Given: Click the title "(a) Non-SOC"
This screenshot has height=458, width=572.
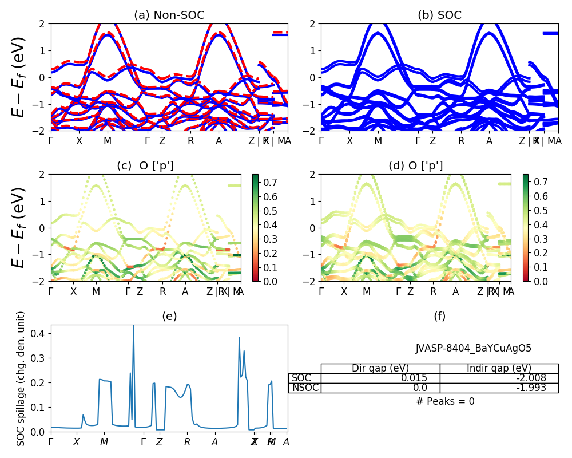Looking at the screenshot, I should pyautogui.click(x=169, y=15).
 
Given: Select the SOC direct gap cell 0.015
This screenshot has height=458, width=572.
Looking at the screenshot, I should pyautogui.click(x=380, y=378).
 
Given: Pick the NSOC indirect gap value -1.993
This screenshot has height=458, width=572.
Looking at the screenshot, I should pyautogui.click(x=498, y=388).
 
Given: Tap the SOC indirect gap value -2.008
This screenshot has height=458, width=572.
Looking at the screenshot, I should pyautogui.click(x=498, y=378).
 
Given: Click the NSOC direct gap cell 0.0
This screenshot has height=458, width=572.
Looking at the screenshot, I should pyautogui.click(x=380, y=388).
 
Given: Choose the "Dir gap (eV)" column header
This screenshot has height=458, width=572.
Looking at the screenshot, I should pyautogui.click(x=380, y=368).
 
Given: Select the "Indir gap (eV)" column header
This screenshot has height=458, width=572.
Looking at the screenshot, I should pyautogui.click(x=499, y=368).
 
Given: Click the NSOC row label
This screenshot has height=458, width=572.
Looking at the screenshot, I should pyautogui.click(x=305, y=388).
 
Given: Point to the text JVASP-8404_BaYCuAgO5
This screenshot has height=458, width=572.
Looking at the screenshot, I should pyautogui.click(x=473, y=348).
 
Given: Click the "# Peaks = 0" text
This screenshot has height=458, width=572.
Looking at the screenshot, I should pyautogui.click(x=445, y=401).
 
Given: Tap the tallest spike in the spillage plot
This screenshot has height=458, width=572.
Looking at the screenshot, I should pyautogui.click(x=133, y=326).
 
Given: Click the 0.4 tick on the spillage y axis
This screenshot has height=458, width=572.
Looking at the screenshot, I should pyautogui.click(x=39, y=333).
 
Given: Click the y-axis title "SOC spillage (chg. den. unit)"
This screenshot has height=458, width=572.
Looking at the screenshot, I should pyautogui.click(x=21, y=378).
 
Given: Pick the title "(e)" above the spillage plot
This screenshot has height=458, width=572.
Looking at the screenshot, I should pyautogui.click(x=169, y=316).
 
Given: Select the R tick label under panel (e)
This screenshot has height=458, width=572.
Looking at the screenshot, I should pyautogui.click(x=187, y=442).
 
